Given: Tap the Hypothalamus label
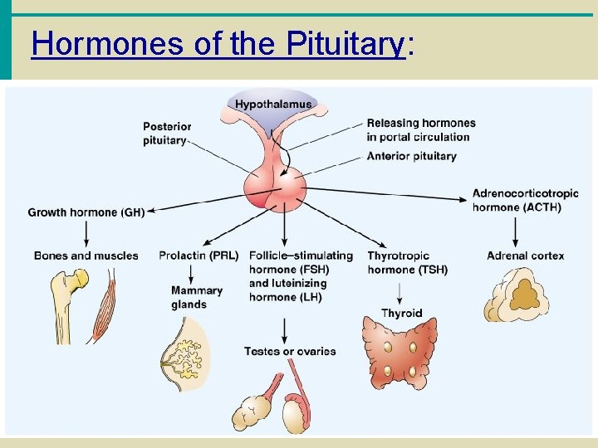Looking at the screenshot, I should click(273, 105).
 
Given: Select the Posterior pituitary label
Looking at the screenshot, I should click(166, 134).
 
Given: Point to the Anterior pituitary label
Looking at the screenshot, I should click(411, 156).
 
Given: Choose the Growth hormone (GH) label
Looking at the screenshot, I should click(86, 212).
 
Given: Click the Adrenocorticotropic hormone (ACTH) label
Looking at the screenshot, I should click(525, 200).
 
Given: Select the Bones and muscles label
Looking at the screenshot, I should click(86, 256).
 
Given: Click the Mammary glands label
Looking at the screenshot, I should click(196, 297).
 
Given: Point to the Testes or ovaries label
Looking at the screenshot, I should click(290, 351).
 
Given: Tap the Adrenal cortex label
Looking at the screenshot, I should click(525, 256).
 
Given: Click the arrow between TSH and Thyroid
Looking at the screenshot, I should click(400, 292).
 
